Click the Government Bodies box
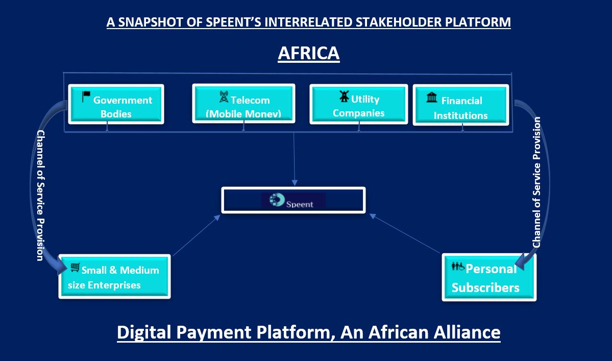(116, 104)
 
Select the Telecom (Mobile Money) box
(243, 104)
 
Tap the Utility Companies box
(359, 104)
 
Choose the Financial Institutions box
(460, 105)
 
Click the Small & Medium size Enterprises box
(114, 277)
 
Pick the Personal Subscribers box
(489, 277)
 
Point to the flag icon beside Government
(86, 97)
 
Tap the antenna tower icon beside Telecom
(224, 97)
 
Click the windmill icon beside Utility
(344, 96)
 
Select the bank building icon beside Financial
(432, 97)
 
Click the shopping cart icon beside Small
(75, 268)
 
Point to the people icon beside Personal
(458, 267)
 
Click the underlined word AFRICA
(309, 53)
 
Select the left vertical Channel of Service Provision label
(40, 196)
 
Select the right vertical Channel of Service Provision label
(536, 182)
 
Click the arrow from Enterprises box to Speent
(197, 235)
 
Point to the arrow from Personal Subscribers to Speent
(405, 234)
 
